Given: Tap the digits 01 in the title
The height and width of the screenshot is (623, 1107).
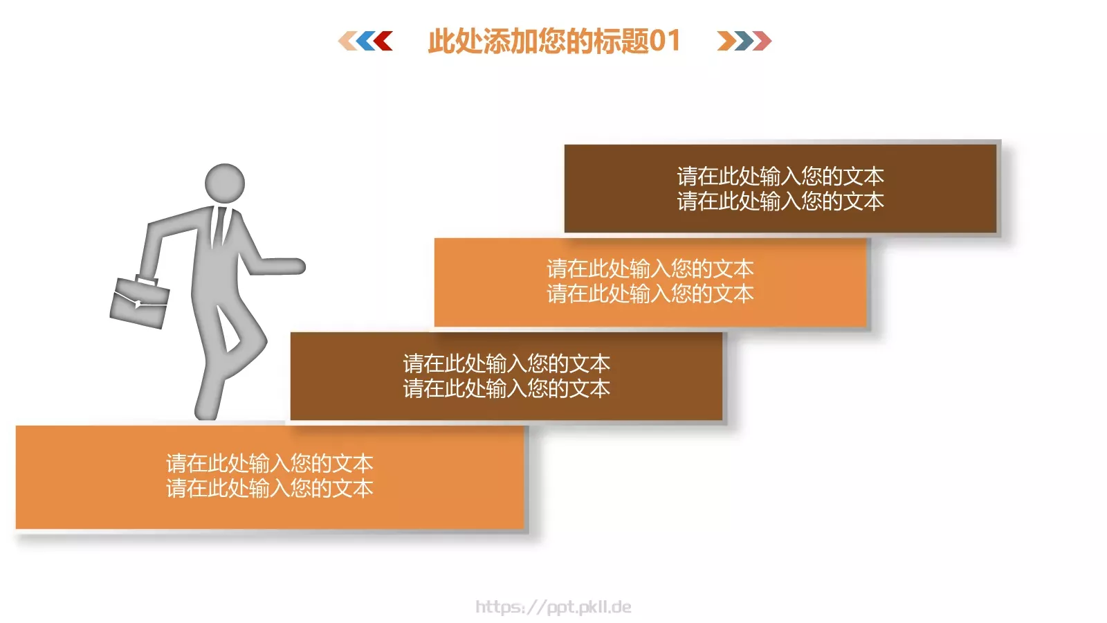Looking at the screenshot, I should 665,41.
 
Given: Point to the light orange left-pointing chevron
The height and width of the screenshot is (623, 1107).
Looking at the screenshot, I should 347,41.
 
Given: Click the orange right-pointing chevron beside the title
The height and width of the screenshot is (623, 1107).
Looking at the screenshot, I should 726,41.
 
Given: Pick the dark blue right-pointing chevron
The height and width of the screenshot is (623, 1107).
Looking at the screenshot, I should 744,41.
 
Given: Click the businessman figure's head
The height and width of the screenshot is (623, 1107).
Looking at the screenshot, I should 225,183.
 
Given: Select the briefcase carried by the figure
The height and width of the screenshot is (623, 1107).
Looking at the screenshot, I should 140,303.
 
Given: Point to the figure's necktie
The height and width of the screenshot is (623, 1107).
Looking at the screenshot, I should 220,225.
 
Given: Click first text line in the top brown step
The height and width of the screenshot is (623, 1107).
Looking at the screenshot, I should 780,176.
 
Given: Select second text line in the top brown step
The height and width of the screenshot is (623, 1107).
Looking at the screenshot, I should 780,201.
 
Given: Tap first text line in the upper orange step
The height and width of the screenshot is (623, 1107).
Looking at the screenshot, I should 650,269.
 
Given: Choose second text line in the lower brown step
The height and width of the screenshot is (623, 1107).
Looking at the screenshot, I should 506,389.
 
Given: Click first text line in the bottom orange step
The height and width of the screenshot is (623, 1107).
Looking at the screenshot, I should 270,463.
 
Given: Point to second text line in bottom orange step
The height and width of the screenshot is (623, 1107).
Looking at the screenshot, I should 270,489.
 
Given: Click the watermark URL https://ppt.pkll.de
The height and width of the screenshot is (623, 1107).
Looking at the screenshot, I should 553,607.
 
